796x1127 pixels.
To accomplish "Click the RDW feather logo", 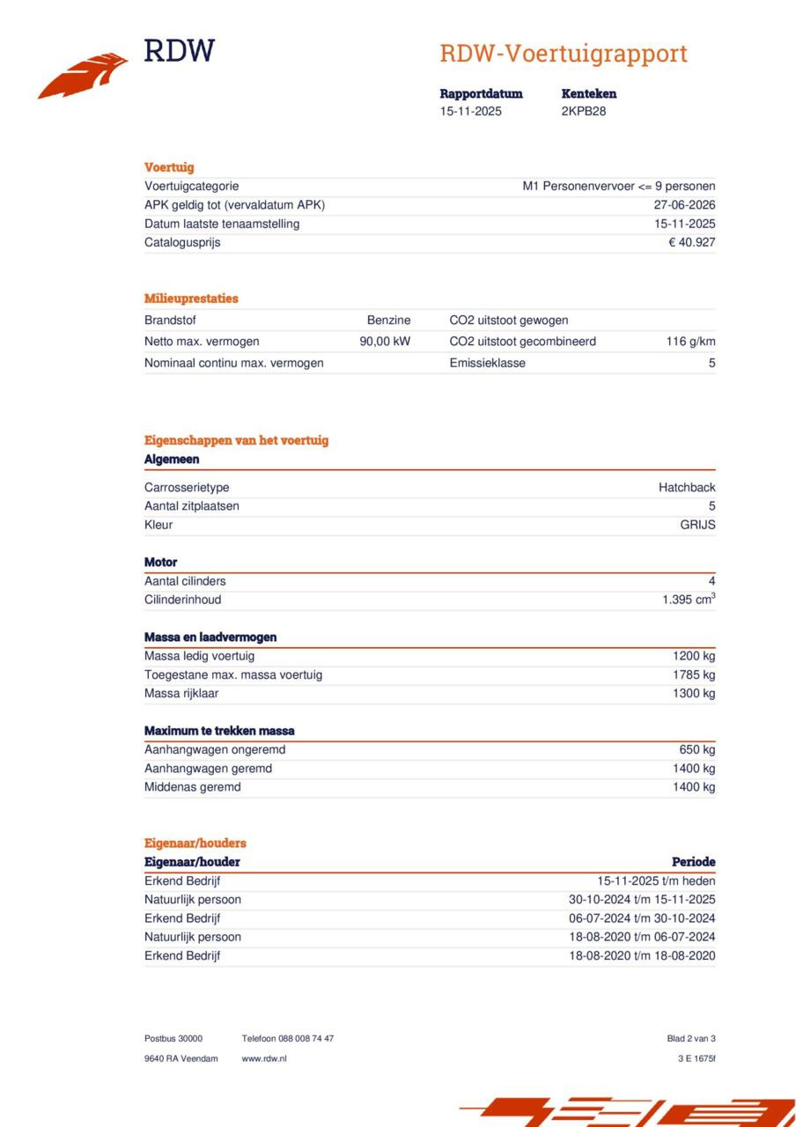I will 83,75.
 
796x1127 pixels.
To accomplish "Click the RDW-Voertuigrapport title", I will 564,54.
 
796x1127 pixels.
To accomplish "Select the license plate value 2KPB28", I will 584,112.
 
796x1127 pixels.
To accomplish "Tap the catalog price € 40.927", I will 691,243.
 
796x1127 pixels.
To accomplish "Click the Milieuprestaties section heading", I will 191,298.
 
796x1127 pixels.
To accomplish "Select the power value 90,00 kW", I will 385,342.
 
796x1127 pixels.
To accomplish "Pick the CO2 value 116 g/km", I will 690,342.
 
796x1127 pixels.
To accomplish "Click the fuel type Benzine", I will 388,320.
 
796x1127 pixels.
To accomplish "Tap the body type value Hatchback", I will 687,488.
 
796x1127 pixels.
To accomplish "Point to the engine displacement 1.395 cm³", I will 689,600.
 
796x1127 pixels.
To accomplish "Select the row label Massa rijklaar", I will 181,694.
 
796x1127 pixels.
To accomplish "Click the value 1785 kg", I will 694,675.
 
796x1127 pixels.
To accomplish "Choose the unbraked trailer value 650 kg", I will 697,750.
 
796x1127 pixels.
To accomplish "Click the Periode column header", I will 693,862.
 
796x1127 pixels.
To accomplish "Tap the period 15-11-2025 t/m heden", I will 656,881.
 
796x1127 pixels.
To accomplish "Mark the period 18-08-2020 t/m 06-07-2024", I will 642,938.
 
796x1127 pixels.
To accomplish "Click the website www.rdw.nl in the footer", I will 264,1058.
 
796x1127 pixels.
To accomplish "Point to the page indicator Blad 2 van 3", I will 691,1039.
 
